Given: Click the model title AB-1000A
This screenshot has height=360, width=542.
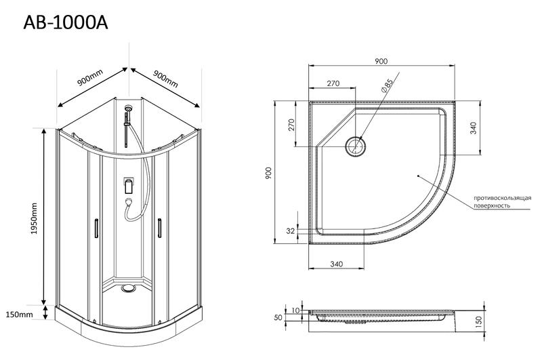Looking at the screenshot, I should click(66, 22).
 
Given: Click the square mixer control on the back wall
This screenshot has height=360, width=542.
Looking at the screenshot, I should click(128, 184).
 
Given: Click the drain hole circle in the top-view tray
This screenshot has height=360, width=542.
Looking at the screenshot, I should click(355, 145).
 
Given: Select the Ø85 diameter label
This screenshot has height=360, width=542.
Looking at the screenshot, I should click(386, 86).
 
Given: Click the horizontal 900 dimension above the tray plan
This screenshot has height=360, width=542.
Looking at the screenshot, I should click(381, 61).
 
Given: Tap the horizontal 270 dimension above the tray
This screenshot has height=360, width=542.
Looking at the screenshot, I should click(333, 83).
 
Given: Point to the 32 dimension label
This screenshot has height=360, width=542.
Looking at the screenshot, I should click(291, 231).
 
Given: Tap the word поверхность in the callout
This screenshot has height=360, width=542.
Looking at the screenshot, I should click(492, 205).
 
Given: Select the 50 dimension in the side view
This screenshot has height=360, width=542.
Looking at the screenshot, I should click(278, 317).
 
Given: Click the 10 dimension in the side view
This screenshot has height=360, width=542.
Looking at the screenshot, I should click(296, 311).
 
